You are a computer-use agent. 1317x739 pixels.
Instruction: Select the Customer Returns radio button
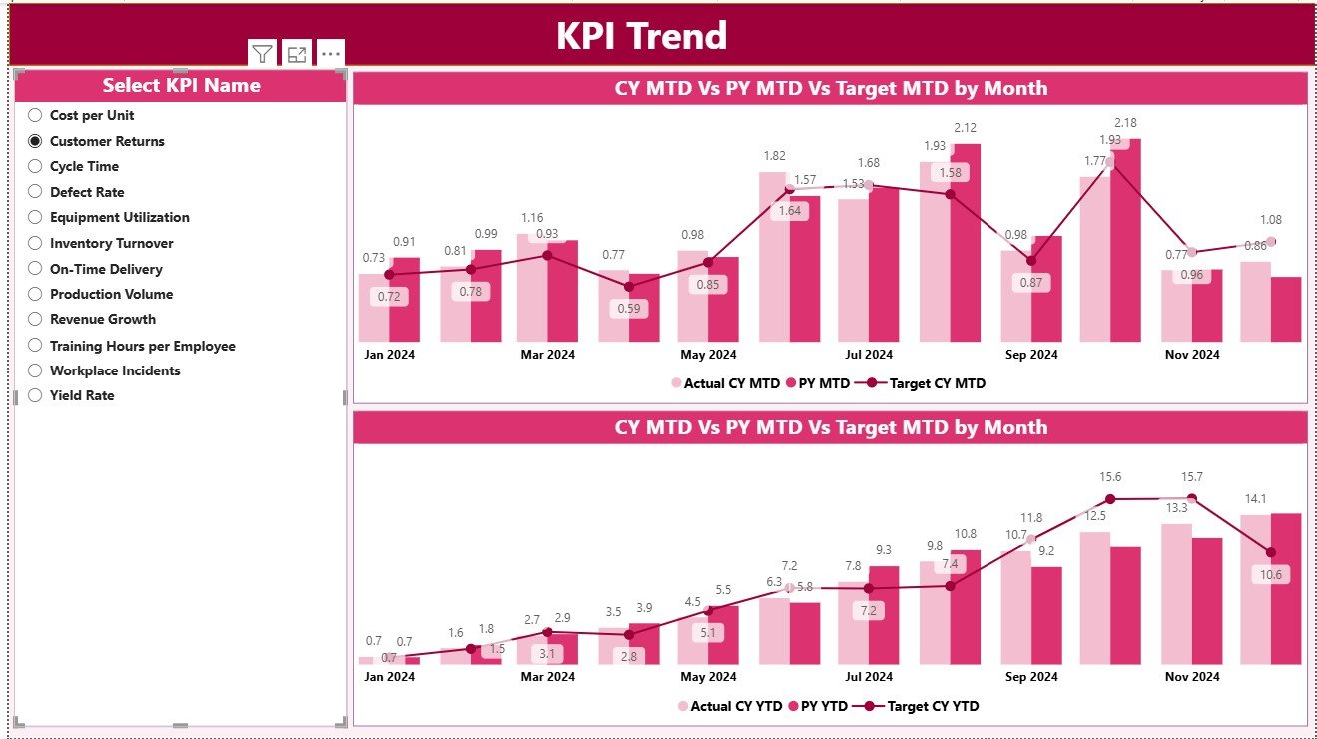tap(35, 141)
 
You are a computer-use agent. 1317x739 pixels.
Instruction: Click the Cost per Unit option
tap(91, 115)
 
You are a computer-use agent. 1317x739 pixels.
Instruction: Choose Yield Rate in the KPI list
tap(82, 395)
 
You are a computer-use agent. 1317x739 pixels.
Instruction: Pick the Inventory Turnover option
tap(111, 243)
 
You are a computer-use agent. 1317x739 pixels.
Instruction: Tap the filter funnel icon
tap(262, 54)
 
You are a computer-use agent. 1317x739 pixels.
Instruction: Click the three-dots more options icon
tap(330, 54)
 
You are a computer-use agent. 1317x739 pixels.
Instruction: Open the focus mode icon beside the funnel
tap(296, 54)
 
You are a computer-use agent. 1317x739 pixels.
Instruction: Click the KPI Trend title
tap(641, 36)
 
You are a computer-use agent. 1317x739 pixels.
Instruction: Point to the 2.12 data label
tap(965, 127)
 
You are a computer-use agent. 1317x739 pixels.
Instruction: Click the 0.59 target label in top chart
tap(628, 309)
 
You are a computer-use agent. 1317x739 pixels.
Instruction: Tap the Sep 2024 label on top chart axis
tap(1031, 354)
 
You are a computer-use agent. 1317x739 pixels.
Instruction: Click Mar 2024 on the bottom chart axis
tap(546, 677)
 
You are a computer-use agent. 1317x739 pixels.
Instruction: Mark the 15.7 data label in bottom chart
tap(1191, 477)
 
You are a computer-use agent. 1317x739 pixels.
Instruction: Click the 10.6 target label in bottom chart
tap(1271, 574)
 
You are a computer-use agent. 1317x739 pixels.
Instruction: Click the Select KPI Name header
tap(181, 86)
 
